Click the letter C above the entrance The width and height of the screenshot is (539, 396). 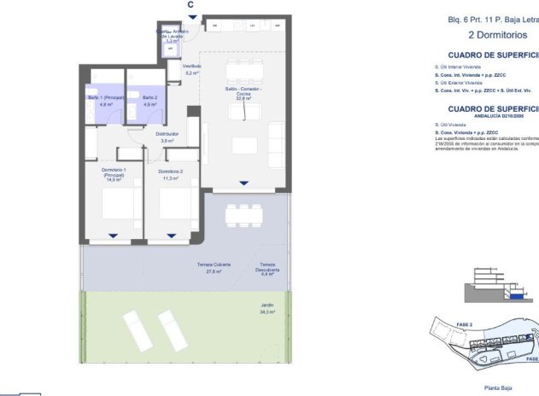pos(190,4)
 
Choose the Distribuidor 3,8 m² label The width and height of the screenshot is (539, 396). pos(167,137)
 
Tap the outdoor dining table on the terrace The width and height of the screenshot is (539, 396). pos(243,214)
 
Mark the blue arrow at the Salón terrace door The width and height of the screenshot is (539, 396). pos(244,183)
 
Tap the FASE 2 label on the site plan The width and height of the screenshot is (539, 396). pos(465,325)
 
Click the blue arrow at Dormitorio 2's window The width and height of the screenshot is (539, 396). pos(172,236)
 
